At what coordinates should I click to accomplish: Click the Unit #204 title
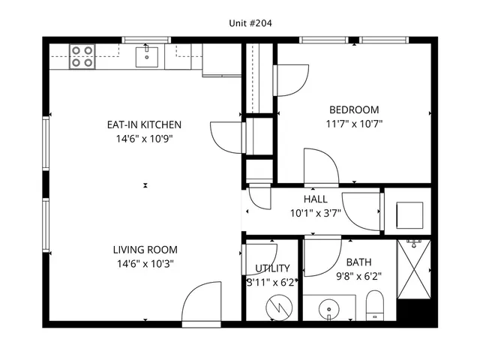click(250, 23)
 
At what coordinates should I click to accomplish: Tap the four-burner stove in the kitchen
click(82, 57)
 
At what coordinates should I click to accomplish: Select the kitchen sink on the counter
click(146, 56)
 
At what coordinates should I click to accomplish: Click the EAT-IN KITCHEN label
click(144, 124)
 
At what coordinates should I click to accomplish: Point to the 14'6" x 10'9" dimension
click(144, 138)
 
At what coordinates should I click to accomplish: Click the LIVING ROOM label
click(145, 250)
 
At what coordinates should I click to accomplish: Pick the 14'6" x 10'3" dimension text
click(145, 263)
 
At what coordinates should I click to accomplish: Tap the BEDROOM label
click(354, 109)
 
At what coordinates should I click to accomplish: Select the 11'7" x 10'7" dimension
click(354, 124)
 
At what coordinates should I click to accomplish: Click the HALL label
click(315, 199)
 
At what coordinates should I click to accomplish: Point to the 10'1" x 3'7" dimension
click(315, 212)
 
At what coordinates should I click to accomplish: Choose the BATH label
click(358, 262)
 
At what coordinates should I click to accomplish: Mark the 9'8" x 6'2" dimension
click(358, 275)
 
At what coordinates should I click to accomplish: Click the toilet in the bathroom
click(374, 306)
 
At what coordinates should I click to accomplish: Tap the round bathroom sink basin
click(330, 308)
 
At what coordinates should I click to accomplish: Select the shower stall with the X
click(414, 268)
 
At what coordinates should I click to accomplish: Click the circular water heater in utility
click(278, 305)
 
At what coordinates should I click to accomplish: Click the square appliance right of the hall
click(409, 214)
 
